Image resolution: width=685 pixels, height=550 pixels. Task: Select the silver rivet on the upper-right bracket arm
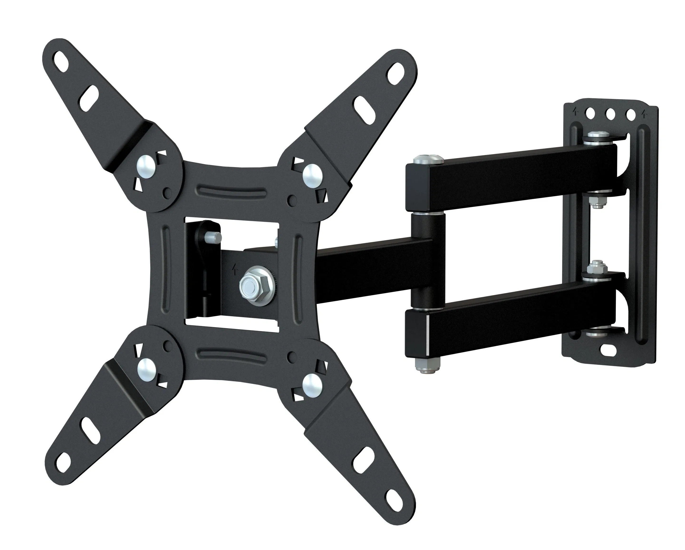click(x=312, y=174)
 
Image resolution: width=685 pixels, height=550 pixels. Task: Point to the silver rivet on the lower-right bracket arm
click(x=312, y=384)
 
